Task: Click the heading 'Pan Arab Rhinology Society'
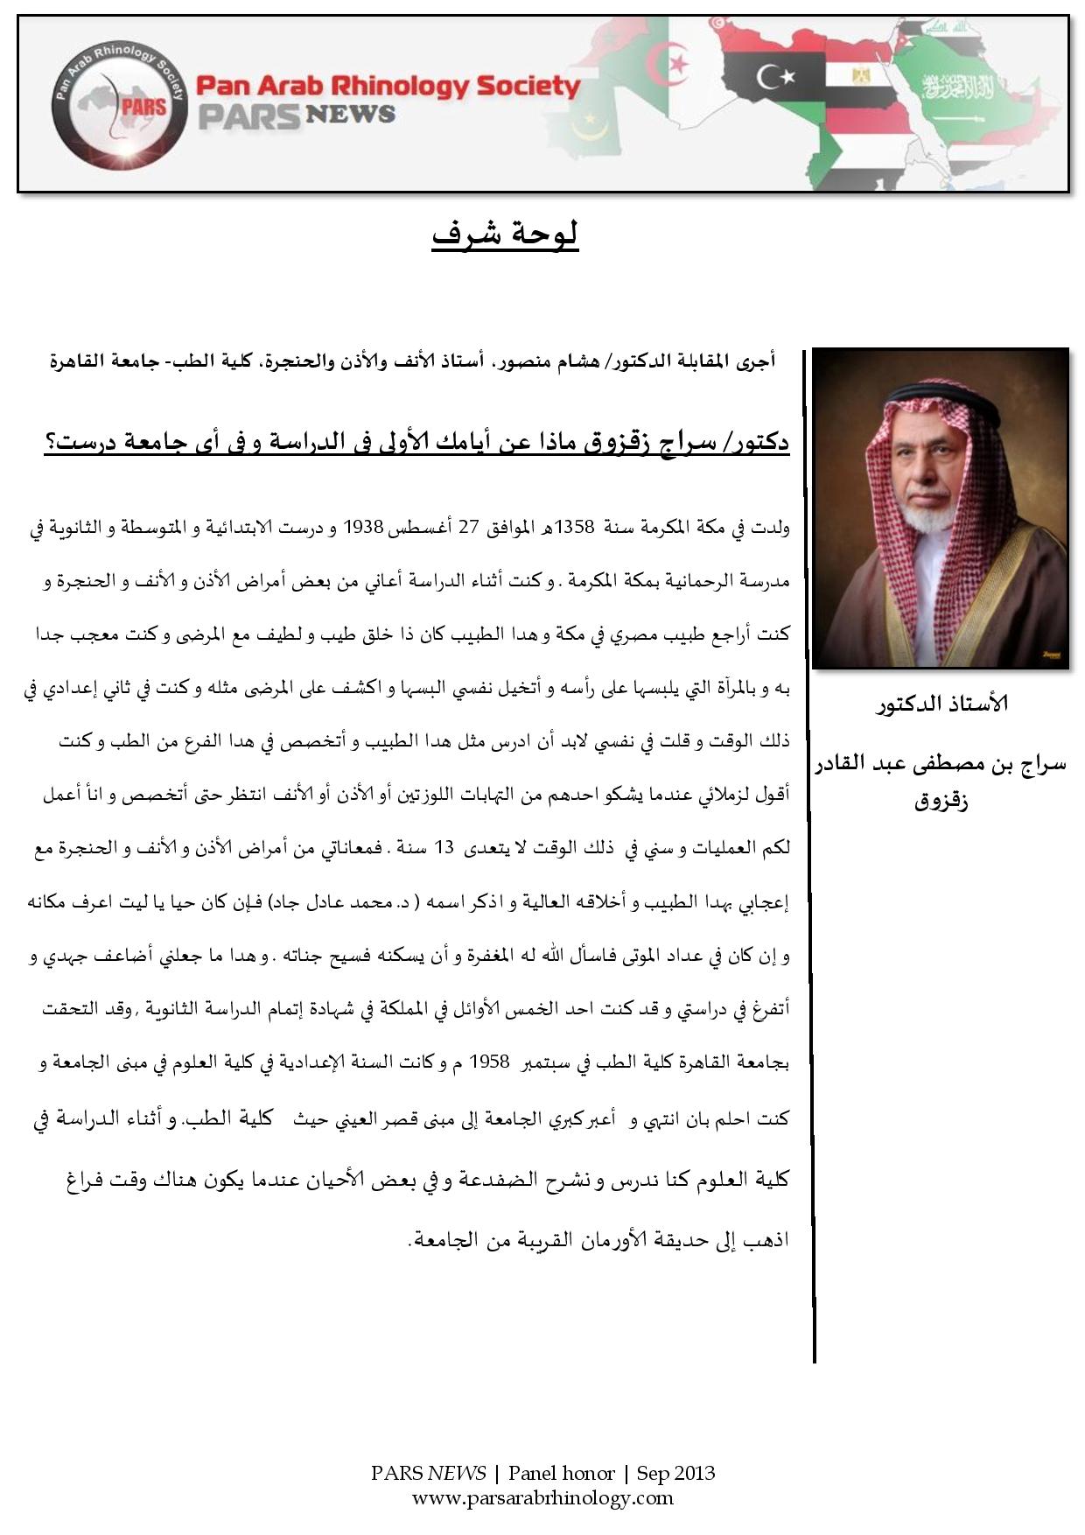click(388, 86)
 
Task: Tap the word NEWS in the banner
click(350, 115)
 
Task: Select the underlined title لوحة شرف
click(505, 234)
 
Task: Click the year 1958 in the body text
click(489, 1062)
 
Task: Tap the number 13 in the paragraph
click(444, 848)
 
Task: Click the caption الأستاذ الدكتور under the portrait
click(941, 704)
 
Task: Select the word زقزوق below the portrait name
click(941, 802)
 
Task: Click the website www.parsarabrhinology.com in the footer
click(542, 1497)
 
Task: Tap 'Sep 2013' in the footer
click(675, 1474)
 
